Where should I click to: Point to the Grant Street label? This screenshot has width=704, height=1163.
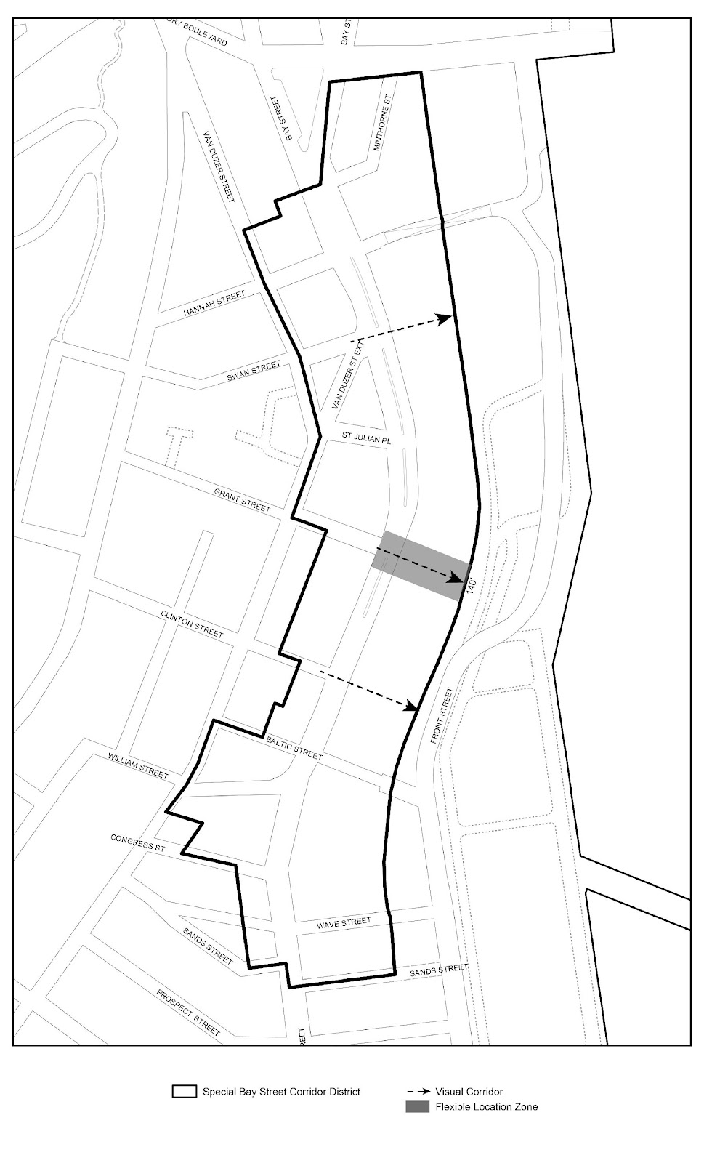pyautogui.click(x=242, y=499)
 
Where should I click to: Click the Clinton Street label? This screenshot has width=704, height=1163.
pyautogui.click(x=192, y=624)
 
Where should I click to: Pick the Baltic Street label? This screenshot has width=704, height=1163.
pyautogui.click(x=294, y=747)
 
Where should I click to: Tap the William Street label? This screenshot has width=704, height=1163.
pyautogui.click(x=138, y=766)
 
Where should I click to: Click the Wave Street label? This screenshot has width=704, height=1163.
pyautogui.click(x=344, y=922)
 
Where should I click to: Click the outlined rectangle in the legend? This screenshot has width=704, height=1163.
pyautogui.click(x=185, y=1092)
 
